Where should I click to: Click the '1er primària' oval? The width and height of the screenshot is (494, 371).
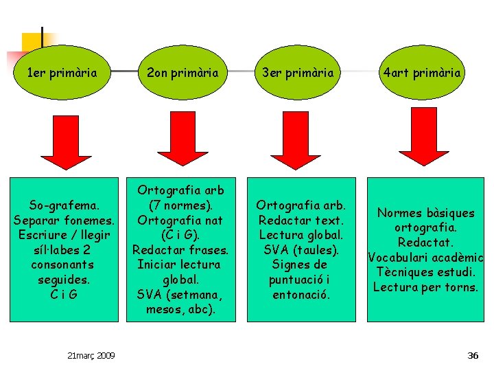tap(61, 71)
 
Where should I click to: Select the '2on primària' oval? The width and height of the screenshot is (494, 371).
tap(182, 71)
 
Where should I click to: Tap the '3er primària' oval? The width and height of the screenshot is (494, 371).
tap(302, 71)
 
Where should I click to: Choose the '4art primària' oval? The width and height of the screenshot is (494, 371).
tap(423, 71)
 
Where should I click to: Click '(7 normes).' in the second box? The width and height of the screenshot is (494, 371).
tap(182, 205)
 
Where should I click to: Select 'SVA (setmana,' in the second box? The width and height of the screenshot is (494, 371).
tap(182, 295)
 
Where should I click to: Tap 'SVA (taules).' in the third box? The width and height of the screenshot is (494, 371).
tap(302, 249)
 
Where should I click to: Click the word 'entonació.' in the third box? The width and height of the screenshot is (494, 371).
tap(302, 295)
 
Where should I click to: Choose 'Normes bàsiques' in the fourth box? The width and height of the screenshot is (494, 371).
tap(426, 213)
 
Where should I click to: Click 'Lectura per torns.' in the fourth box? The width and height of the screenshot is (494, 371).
tap(426, 286)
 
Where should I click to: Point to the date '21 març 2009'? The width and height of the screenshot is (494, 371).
tap(92, 355)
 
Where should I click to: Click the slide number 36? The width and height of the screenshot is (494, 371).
tap(472, 355)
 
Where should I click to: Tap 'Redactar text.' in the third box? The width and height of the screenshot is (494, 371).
tap(302, 219)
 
